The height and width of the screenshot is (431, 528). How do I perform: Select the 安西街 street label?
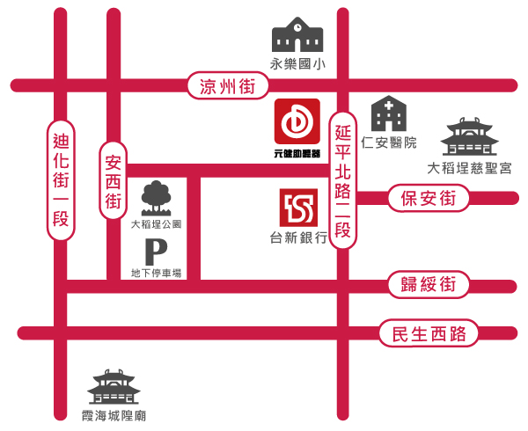[113, 182]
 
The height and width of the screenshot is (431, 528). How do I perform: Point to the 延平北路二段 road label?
[343, 181]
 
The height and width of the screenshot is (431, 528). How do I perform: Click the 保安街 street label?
[428, 199]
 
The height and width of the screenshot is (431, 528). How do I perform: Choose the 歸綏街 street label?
[428, 284]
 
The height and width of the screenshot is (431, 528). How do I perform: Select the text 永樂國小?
[297, 63]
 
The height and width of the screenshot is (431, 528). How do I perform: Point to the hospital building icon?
[388, 114]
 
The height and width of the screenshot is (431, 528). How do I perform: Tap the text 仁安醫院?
[388, 142]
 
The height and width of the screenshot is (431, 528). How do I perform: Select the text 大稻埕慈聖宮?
[469, 167]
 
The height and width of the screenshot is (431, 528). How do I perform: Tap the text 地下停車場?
[155, 274]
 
